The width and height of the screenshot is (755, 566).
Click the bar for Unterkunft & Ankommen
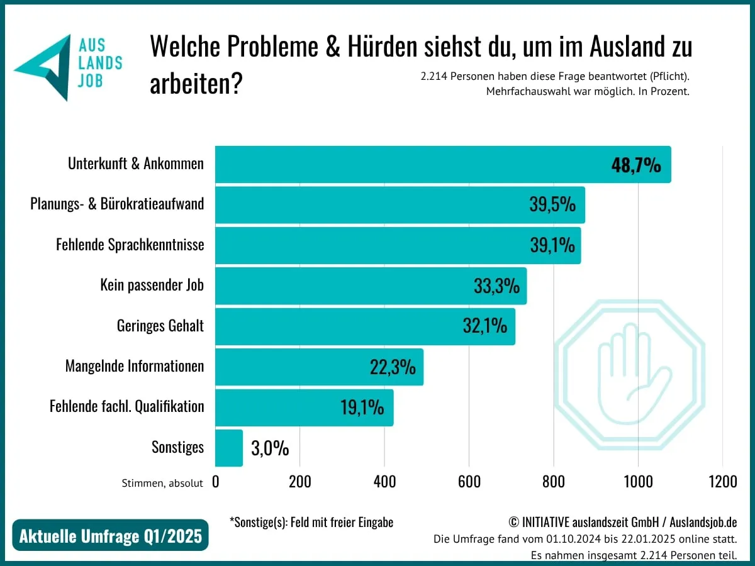click(x=409, y=165)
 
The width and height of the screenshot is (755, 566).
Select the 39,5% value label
click(x=552, y=205)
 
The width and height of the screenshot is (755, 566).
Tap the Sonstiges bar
click(x=229, y=448)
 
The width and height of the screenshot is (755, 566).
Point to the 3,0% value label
click(x=270, y=448)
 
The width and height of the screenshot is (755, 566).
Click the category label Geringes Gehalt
click(x=160, y=326)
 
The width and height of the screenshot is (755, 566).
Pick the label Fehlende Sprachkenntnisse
click(x=130, y=245)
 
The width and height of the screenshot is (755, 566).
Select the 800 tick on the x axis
click(x=553, y=482)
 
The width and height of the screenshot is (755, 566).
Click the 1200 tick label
click(x=722, y=482)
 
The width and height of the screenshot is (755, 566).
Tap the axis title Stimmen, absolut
click(x=162, y=484)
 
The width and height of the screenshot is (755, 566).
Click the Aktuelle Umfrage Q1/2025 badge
click(x=110, y=536)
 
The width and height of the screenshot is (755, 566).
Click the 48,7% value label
click(x=636, y=165)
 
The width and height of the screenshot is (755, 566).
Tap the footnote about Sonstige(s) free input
click(x=311, y=523)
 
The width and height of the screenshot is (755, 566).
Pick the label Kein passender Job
click(x=152, y=285)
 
